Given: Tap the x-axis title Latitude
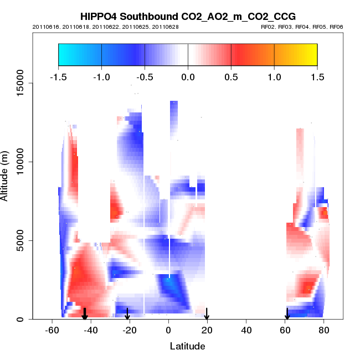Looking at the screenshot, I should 187,346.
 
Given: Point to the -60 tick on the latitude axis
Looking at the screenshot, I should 52,331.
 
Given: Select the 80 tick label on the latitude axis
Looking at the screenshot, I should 323,331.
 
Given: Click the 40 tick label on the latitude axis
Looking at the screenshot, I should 246,331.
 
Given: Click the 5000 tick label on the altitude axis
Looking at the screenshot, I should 20,240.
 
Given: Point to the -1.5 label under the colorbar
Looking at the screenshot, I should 58,76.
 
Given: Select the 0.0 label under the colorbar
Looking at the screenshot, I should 188,76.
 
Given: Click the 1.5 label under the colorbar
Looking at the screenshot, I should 317,76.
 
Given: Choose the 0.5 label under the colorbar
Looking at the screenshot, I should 231,76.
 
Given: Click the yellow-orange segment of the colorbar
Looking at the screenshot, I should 296,54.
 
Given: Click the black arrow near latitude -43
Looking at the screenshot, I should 85,314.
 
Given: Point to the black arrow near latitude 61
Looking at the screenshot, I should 287,314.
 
